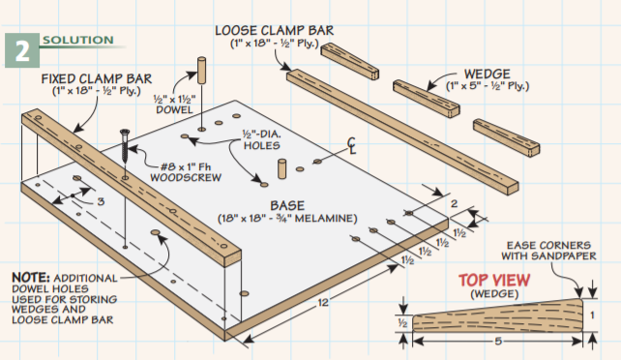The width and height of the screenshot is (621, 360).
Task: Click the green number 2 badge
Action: point(22,50)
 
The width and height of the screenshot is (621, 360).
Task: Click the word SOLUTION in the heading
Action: point(78,40)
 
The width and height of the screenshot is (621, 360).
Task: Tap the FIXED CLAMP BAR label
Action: point(97,78)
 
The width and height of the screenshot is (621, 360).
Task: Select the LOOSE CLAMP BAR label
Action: point(274,31)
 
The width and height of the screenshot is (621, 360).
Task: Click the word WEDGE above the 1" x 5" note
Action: point(488,75)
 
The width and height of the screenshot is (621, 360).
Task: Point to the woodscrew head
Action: point(125,132)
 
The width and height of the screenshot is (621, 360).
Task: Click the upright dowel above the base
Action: point(201,71)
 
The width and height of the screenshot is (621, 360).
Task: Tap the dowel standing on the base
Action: point(281,169)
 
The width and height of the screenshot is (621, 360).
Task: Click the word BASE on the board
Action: point(287,205)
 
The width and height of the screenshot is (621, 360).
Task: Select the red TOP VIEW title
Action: point(494,281)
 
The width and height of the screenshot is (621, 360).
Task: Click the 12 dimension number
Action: point(323,303)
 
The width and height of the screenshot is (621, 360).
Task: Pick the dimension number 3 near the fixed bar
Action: point(101,201)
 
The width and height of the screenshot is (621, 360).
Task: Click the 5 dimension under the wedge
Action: point(498,341)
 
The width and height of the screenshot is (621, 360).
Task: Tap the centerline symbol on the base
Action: point(352,146)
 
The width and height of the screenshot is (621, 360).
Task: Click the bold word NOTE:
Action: point(31,277)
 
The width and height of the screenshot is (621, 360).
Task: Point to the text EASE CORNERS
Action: point(548,246)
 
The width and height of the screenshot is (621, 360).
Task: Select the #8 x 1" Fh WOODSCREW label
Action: point(186,172)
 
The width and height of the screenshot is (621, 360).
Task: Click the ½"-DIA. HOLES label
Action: point(262,139)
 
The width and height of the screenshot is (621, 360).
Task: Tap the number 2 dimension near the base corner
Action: point(455,204)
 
